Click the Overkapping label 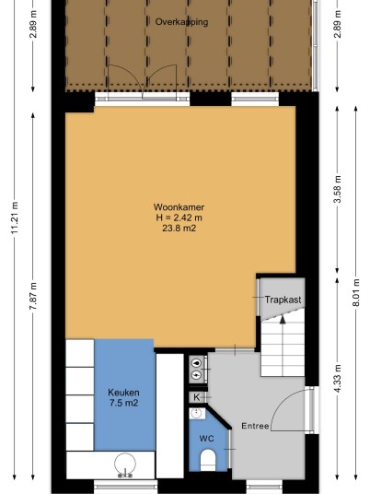tap(181, 22)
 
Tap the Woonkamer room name tap(179, 207)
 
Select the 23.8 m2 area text tap(179, 228)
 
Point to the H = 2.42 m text tap(179, 218)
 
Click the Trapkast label tap(283, 300)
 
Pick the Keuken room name tap(123, 393)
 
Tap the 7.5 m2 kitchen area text tap(123, 403)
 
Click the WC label tap(206, 438)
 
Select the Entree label tap(255, 426)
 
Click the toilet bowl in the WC tap(208, 460)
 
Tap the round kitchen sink tap(125, 464)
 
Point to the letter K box tap(197, 397)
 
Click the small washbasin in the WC tap(197, 413)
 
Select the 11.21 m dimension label tap(15, 217)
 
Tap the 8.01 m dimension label tap(356, 292)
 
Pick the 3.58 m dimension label tap(337, 188)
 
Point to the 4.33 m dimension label tap(337, 379)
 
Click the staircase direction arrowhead tap(283, 320)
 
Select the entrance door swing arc tap(283, 401)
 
